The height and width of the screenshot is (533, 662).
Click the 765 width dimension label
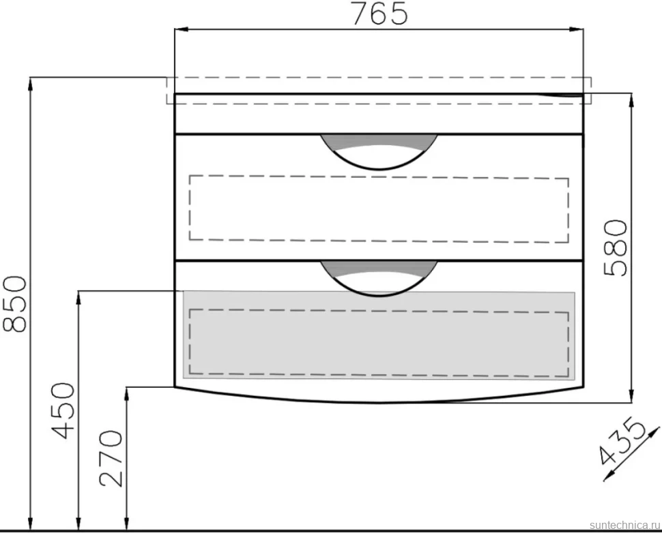(379, 14)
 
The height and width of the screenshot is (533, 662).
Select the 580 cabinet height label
(615, 248)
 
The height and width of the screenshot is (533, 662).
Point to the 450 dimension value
(63, 410)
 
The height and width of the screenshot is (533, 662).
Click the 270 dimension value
(111, 458)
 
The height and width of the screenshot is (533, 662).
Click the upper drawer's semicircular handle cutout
(379, 152)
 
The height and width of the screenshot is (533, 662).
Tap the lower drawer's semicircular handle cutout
(379, 278)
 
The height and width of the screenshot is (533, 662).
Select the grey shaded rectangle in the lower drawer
(379, 335)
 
